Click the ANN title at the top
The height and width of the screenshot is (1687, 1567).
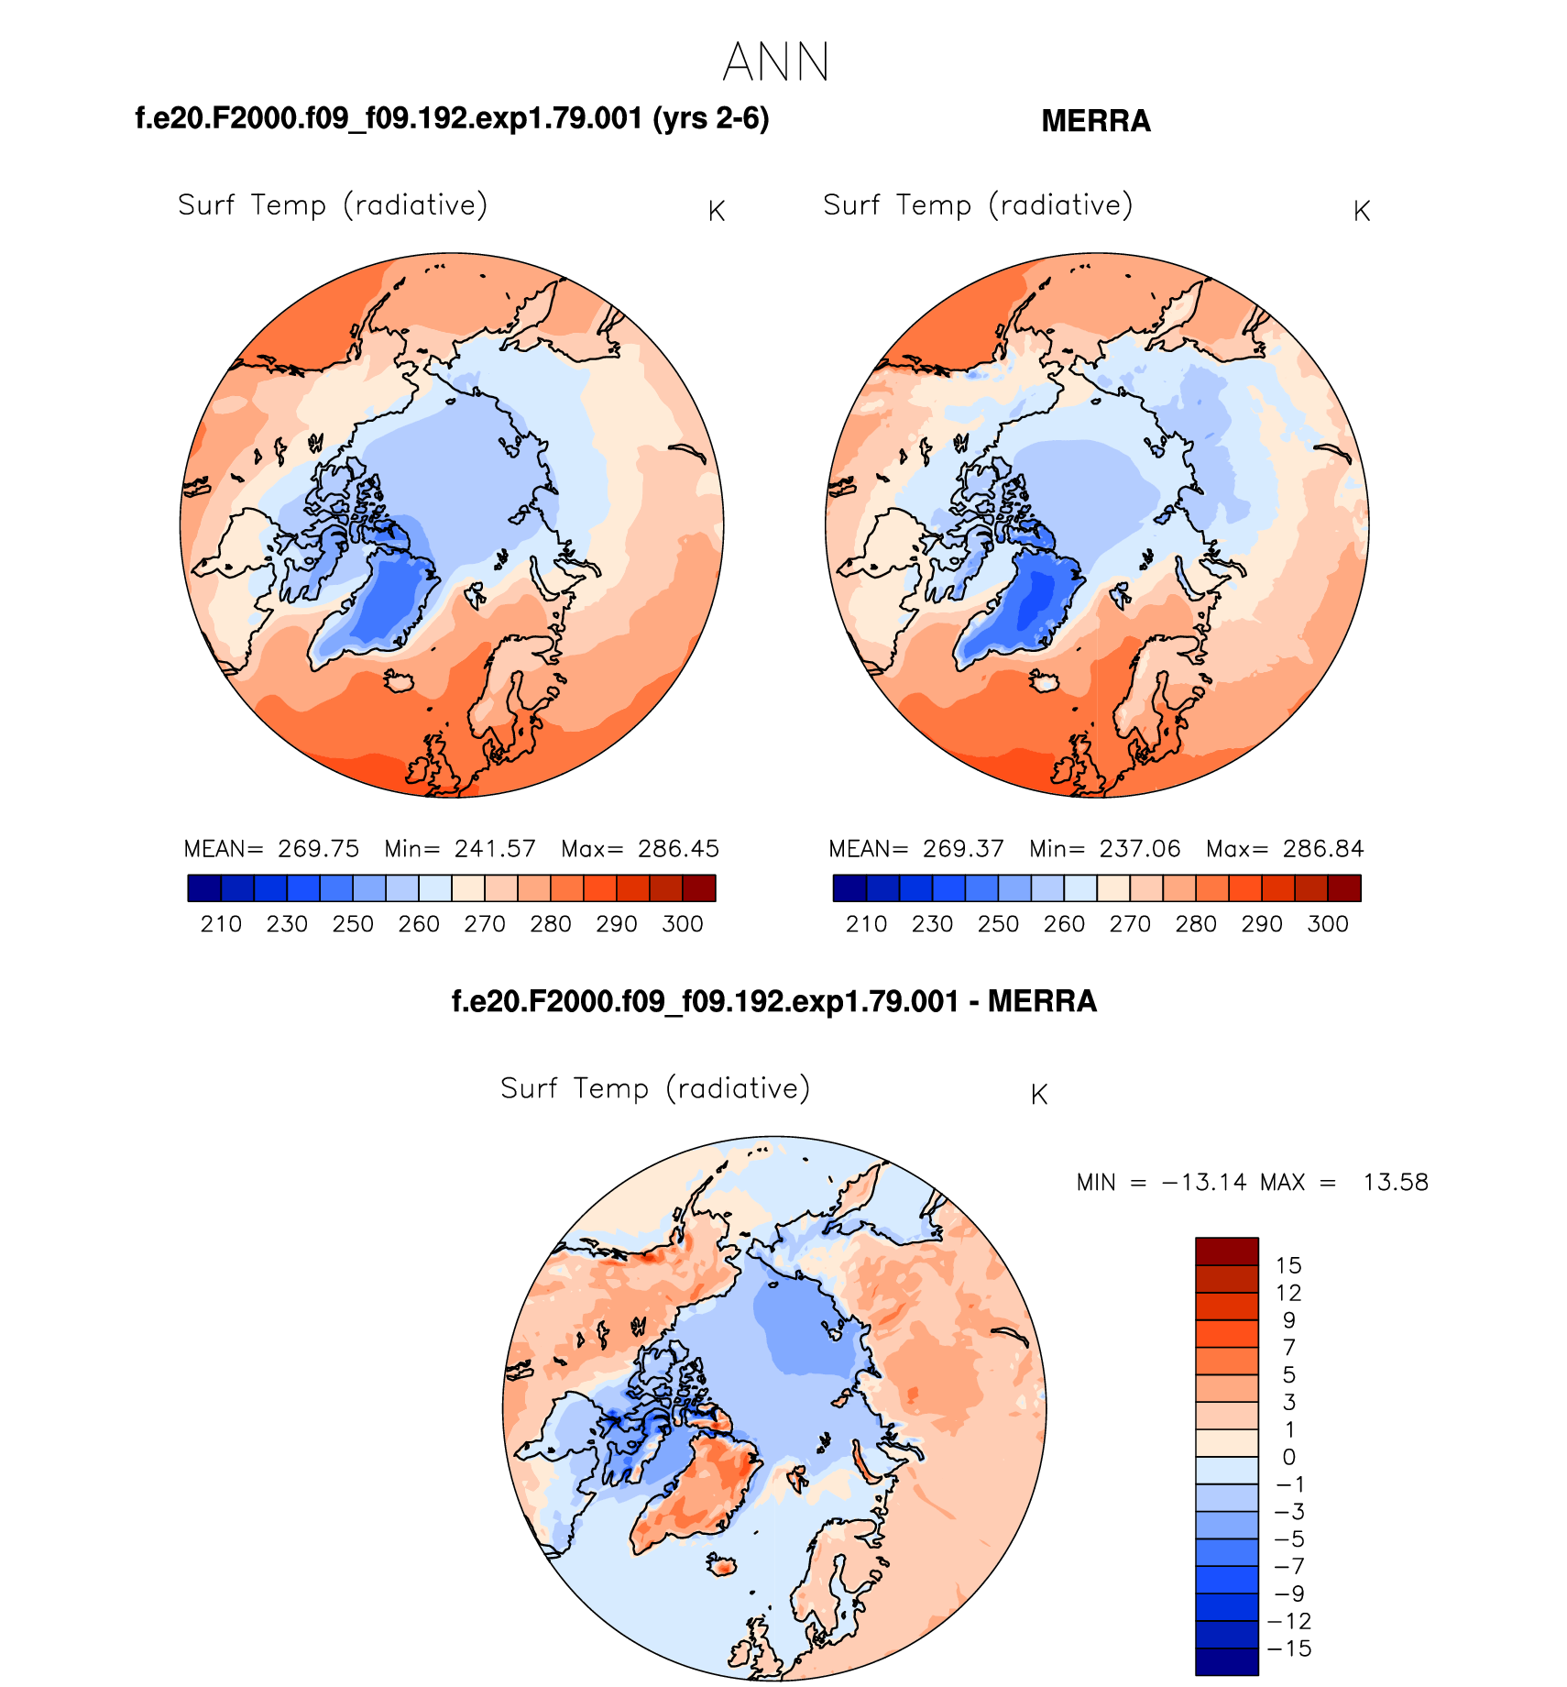point(776,62)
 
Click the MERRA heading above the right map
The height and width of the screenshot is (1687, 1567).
point(1095,121)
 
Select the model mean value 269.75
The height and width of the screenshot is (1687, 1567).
point(318,848)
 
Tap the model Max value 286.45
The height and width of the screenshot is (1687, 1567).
point(678,848)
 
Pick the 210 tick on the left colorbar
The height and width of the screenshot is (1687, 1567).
point(221,923)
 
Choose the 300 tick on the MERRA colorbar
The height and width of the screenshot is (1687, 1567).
point(1327,923)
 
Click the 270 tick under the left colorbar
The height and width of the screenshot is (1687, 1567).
point(485,923)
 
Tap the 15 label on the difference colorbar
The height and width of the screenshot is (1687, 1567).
point(1288,1265)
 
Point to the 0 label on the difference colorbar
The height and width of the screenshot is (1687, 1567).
point(1288,1457)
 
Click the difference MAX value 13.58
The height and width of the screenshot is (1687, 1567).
point(1395,1182)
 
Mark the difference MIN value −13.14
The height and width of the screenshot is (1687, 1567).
point(1204,1182)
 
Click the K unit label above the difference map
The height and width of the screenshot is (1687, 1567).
point(1038,1095)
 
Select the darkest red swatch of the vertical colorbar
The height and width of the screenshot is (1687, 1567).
point(1226,1251)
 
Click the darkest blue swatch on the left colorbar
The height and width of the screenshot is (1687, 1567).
point(204,888)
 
